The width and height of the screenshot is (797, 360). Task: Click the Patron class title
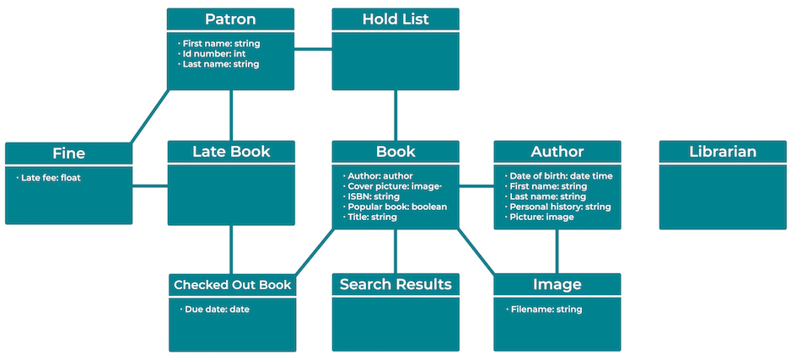(230, 19)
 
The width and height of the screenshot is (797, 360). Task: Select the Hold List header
(396, 19)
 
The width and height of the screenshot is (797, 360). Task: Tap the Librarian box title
(722, 152)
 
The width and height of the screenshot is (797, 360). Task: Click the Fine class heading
(68, 153)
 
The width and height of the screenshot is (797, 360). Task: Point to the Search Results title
(396, 284)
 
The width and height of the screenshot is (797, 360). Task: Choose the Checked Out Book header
(232, 285)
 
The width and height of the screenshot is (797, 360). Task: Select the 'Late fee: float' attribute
(51, 178)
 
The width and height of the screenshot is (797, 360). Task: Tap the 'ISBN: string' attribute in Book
(374, 196)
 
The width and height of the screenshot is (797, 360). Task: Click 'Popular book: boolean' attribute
(397, 207)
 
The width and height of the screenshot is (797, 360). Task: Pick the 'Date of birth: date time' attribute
(561, 176)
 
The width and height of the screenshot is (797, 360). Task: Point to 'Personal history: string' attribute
(560, 207)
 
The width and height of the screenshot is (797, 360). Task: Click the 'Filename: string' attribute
(546, 309)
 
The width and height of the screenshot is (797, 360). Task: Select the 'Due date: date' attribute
(216, 309)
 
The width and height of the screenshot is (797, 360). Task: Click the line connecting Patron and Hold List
(313, 49)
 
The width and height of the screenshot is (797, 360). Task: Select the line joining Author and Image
(557, 250)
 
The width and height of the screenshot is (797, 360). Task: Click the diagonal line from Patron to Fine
(150, 116)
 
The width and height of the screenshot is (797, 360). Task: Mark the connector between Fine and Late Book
(150, 186)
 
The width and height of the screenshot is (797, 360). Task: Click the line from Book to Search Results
(396, 250)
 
